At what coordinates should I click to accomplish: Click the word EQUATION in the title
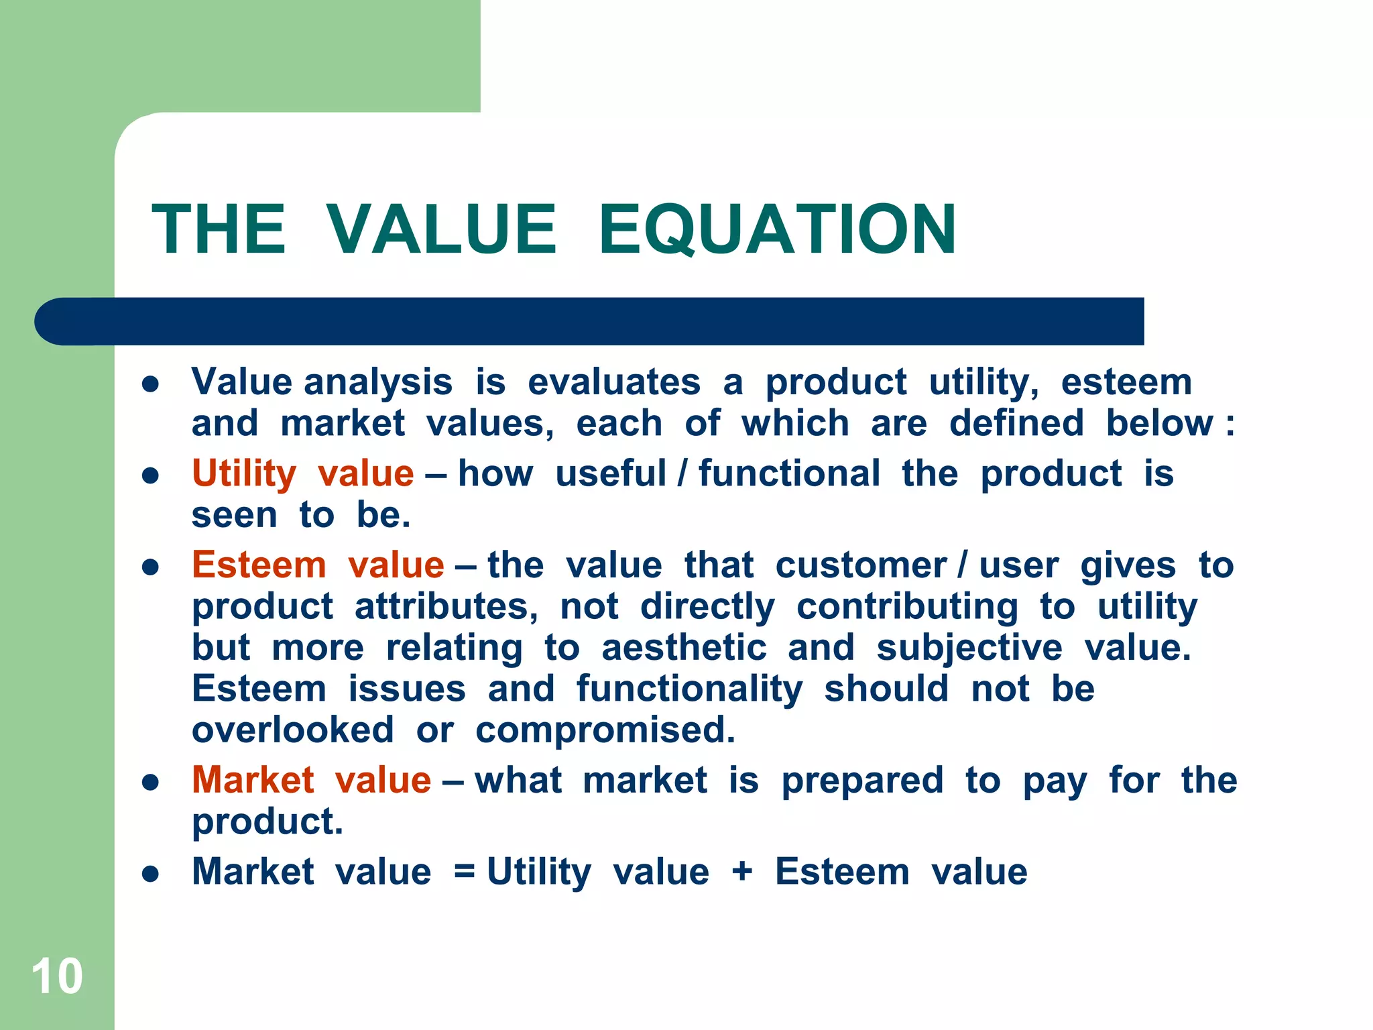click(778, 229)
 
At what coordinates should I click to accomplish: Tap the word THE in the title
click(219, 229)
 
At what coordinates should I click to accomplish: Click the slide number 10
click(57, 976)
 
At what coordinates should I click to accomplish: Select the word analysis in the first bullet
click(378, 383)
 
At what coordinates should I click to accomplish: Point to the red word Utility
click(244, 474)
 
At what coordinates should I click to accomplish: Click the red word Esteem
click(259, 565)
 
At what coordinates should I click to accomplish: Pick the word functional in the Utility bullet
click(789, 474)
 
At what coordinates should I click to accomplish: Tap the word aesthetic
click(684, 648)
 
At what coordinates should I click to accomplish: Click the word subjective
click(969, 648)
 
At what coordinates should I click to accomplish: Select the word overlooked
click(293, 730)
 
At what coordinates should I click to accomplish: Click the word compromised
click(605, 731)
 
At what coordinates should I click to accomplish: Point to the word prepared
click(863, 781)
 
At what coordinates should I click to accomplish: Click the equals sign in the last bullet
click(465, 872)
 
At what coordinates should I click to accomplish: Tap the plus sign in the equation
click(742, 872)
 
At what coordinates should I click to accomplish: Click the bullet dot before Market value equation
click(151, 874)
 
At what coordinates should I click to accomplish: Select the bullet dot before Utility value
click(151, 476)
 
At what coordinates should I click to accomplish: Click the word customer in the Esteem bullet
click(861, 565)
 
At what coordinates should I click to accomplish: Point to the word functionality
click(689, 689)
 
